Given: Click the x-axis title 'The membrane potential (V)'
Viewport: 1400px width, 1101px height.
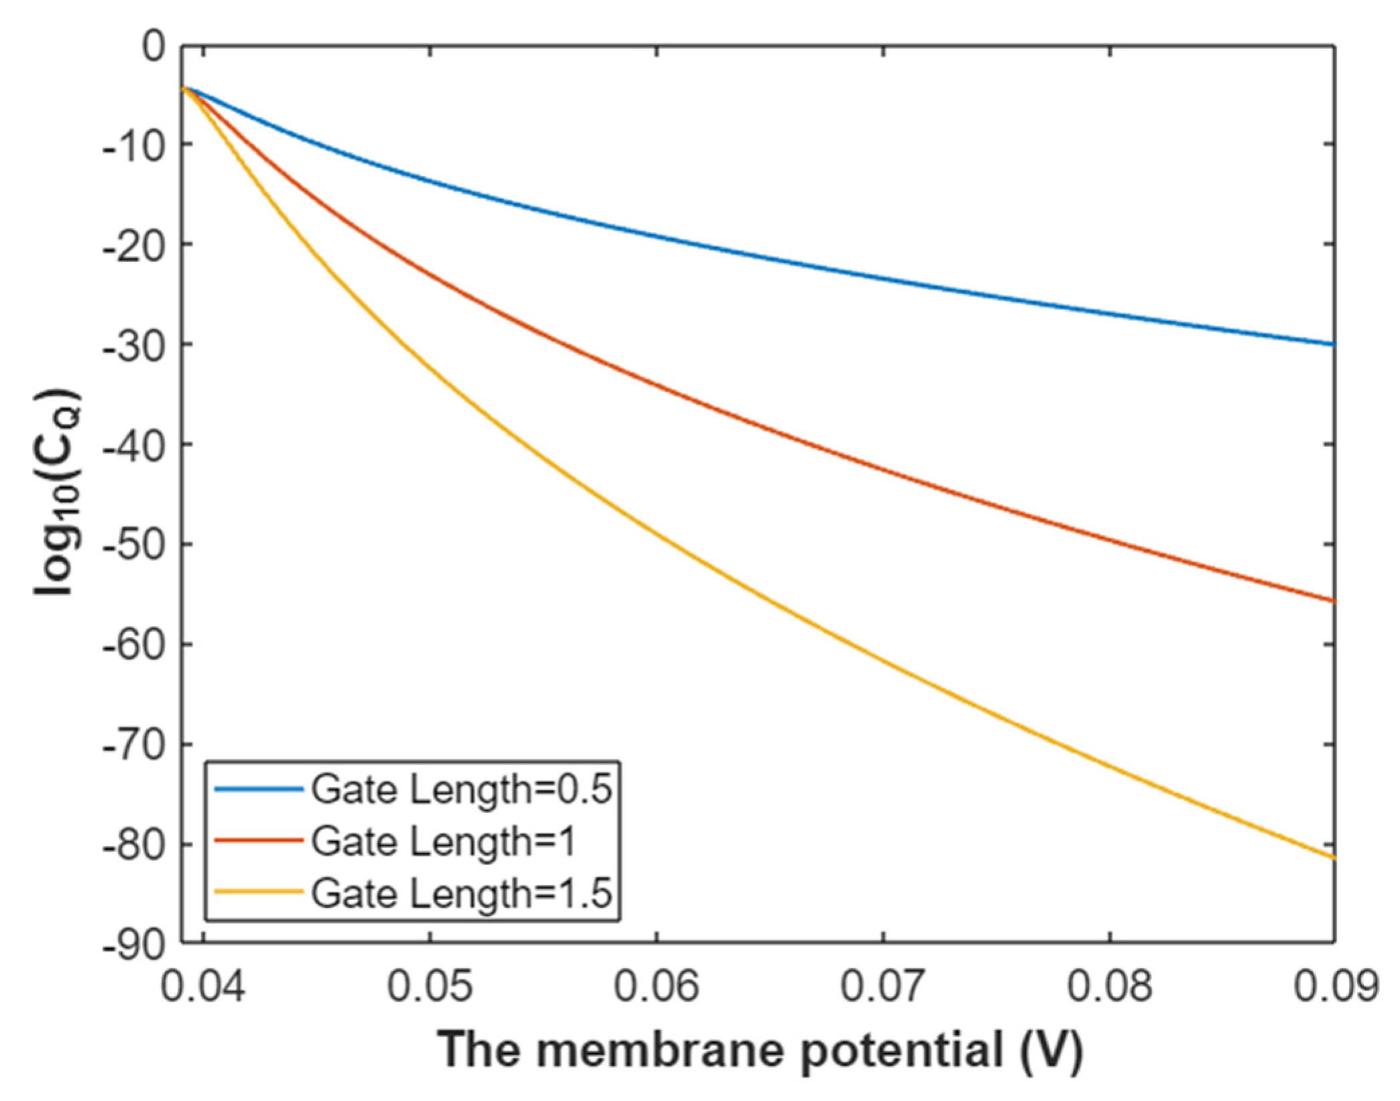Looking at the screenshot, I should pos(760,1050).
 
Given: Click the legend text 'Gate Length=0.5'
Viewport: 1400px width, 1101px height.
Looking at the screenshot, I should pos(462,790).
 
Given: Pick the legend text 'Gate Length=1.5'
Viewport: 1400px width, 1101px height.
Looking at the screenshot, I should pos(462,893).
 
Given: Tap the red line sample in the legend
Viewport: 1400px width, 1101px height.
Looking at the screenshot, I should pos(258,841).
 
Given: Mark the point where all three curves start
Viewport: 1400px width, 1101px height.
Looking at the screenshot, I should pos(184,88).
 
